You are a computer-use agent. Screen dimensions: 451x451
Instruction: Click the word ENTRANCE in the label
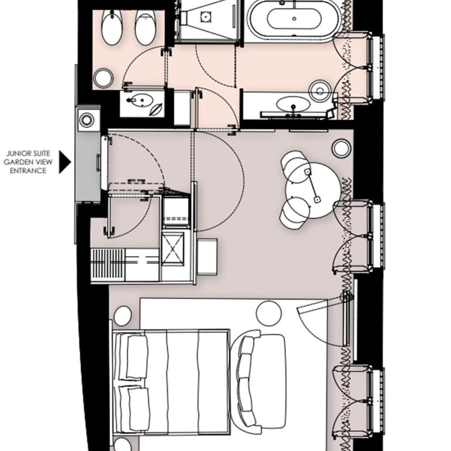click(28, 170)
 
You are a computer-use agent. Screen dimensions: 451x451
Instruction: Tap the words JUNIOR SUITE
click(28, 153)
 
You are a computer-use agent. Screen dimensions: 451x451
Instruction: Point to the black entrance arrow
click(65, 162)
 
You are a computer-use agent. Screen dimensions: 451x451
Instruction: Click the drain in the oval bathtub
click(294, 19)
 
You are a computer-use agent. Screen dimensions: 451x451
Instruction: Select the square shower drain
click(206, 16)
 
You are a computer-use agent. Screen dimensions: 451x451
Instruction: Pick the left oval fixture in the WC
click(112, 28)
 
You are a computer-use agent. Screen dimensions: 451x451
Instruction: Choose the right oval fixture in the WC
click(145, 28)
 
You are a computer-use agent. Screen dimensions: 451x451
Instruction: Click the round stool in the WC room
click(103, 78)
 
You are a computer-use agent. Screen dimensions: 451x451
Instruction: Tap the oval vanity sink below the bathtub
click(293, 104)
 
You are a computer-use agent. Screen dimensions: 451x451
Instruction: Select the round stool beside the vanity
click(319, 90)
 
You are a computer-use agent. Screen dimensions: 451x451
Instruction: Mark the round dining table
click(314, 190)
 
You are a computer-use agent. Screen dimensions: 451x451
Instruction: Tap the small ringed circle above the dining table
click(341, 149)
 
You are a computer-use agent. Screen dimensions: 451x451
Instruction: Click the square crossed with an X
click(173, 248)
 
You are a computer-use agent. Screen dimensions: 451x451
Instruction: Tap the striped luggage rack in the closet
click(108, 265)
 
